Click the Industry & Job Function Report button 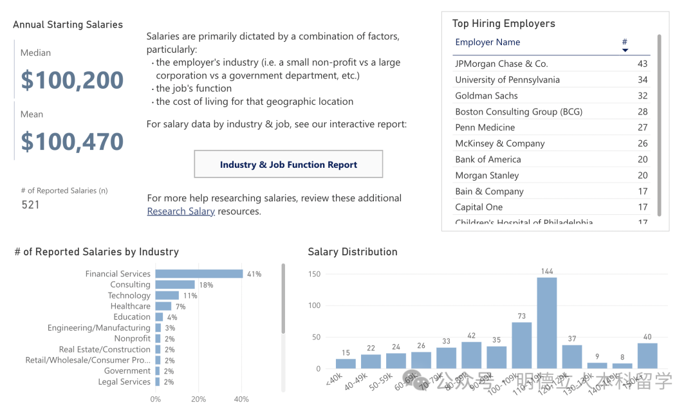pyautogui.click(x=288, y=165)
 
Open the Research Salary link pyautogui.click(x=181, y=212)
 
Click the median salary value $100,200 pyautogui.click(x=72, y=80)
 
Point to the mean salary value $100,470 pyautogui.click(x=72, y=141)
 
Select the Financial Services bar pyautogui.click(x=199, y=274)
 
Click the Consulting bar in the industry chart pyautogui.click(x=175, y=285)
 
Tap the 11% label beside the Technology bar pyautogui.click(x=190, y=296)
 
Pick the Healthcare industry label pyautogui.click(x=130, y=307)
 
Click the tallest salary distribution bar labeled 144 pyautogui.click(x=547, y=323)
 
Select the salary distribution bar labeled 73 pyautogui.click(x=521, y=345)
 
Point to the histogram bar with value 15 pyautogui.click(x=346, y=364)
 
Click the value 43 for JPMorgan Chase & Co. pyautogui.click(x=642, y=64)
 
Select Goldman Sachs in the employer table pyautogui.click(x=486, y=96)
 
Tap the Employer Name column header pyautogui.click(x=488, y=42)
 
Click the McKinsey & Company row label pyautogui.click(x=500, y=143)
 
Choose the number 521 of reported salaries pyautogui.click(x=30, y=205)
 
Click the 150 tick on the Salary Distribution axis pyautogui.click(x=314, y=274)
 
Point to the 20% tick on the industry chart pyautogui.click(x=198, y=399)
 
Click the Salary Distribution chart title pyautogui.click(x=353, y=252)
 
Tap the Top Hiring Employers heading pyautogui.click(x=503, y=24)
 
